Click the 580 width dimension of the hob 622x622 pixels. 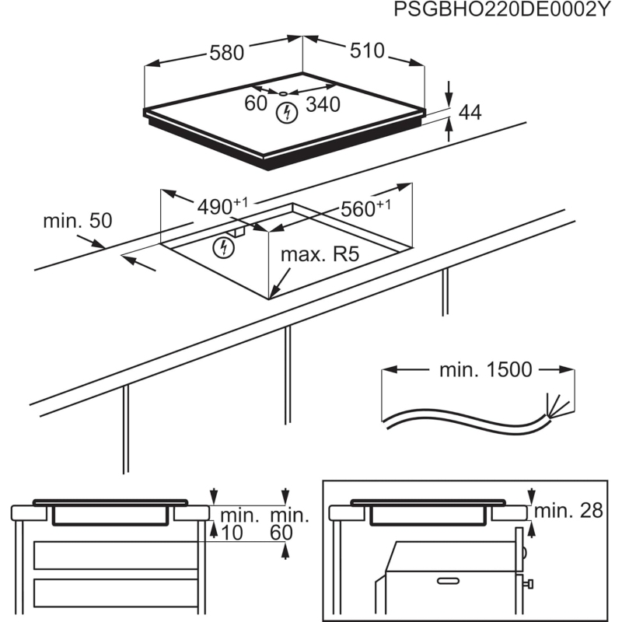226,53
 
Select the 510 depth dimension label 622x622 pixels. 367,51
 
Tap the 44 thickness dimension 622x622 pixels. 470,113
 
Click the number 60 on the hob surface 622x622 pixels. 256,103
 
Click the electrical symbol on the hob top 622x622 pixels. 287,112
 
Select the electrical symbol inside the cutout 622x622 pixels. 225,248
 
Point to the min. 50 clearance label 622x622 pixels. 78,221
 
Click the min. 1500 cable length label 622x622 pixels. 486,370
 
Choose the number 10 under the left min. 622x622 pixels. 230,533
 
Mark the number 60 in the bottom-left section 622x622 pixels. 281,533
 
